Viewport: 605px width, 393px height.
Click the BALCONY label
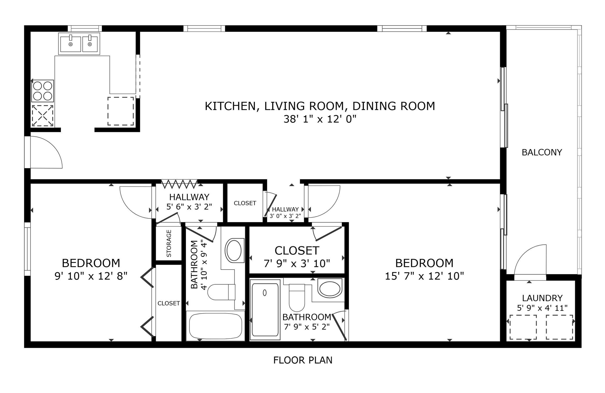[x=542, y=152]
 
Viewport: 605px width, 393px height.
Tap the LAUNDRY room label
[x=542, y=298]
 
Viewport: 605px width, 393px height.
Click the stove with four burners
[x=43, y=91]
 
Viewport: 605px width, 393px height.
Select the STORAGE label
[x=169, y=243]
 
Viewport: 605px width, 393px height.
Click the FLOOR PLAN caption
[x=303, y=360]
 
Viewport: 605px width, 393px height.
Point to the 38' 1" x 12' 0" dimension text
[x=320, y=119]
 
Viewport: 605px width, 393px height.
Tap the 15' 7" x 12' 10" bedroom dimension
[x=424, y=276]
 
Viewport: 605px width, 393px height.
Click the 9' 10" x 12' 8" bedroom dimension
[x=91, y=276]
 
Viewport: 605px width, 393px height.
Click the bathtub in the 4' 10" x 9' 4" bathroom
[x=215, y=326]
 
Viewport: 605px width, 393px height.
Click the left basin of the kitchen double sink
[x=70, y=44]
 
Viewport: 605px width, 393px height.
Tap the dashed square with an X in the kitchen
[x=43, y=116]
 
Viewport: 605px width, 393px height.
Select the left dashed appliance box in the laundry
[x=523, y=327]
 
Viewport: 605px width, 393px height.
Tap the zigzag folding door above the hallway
[x=179, y=184]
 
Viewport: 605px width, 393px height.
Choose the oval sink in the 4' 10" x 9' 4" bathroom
[x=234, y=250]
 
